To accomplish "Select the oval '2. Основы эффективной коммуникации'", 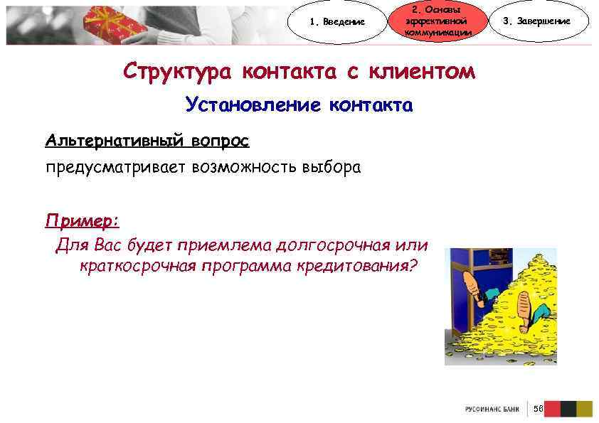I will (x=437, y=21).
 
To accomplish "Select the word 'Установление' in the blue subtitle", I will (x=252, y=106).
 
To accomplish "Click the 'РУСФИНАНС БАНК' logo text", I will (x=492, y=409).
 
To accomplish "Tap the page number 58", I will (x=538, y=409).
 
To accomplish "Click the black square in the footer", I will (x=568, y=409).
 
